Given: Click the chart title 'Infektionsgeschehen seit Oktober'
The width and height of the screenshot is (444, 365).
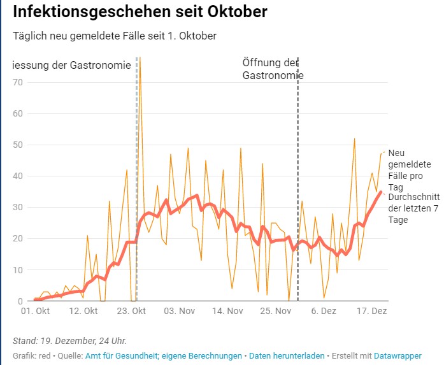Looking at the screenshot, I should [x=140, y=12].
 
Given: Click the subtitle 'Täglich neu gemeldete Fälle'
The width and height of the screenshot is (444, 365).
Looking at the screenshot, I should [x=115, y=36].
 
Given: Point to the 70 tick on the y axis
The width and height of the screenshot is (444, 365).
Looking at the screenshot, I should [x=18, y=82].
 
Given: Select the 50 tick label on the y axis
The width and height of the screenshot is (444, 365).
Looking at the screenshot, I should [x=18, y=145].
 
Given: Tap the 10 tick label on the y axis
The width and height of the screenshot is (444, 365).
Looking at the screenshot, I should [x=18, y=269].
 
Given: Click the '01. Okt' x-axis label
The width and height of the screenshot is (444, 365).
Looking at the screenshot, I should [x=35, y=311].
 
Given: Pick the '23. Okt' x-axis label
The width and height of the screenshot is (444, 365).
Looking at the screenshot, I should [x=131, y=311].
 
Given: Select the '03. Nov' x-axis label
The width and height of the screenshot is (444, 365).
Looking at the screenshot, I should [x=180, y=311].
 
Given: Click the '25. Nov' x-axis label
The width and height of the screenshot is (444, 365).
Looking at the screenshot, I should [x=275, y=311].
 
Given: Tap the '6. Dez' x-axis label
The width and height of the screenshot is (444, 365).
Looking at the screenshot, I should [x=324, y=311].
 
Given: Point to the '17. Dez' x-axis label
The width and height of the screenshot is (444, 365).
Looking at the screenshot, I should [x=371, y=311].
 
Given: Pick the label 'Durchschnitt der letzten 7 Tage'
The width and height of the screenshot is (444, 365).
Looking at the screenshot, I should [x=408, y=204].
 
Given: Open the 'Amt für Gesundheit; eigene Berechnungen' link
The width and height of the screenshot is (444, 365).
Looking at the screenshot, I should [x=163, y=355].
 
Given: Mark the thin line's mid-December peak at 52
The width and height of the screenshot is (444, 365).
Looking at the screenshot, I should [x=354, y=139].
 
